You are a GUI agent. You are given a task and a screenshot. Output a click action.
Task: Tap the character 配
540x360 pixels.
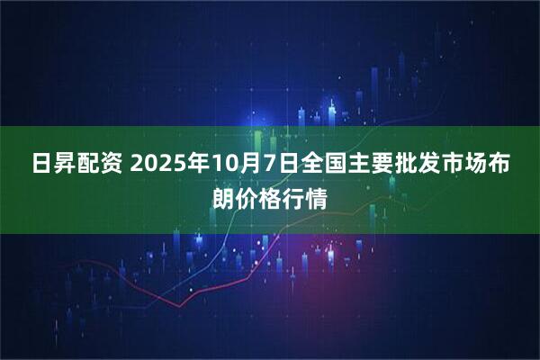pyautogui.click(x=88, y=166)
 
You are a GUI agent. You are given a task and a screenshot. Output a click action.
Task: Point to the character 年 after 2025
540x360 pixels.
pyautogui.click(x=200, y=166)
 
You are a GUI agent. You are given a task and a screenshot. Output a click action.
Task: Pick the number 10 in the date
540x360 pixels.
pyautogui.click(x=225, y=166)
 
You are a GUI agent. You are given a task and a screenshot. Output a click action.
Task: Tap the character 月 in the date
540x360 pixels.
pyautogui.click(x=249, y=166)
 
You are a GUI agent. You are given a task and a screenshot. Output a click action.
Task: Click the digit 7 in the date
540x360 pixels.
pyautogui.click(x=267, y=166)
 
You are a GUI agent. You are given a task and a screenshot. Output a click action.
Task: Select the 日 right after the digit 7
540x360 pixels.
pyautogui.click(x=285, y=166)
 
